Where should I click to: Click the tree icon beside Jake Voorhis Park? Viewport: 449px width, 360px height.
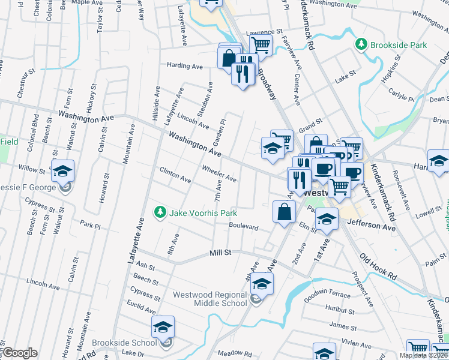(160, 212)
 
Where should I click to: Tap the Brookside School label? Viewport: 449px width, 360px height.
(131, 342)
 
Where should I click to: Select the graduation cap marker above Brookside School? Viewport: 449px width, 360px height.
(163, 327)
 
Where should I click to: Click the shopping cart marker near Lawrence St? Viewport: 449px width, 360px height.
(261, 44)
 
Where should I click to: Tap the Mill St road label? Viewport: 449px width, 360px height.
(220, 253)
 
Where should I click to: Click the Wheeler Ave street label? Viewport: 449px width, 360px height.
(219, 173)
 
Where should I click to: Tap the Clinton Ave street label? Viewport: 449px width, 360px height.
(175, 175)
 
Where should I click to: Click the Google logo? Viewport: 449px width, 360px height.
(20, 353)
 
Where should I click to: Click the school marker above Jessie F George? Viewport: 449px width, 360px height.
(63, 172)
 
